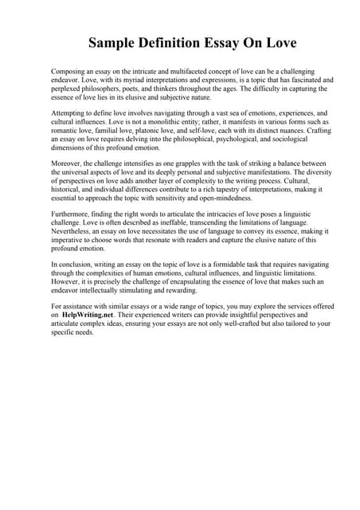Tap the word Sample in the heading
click(x=113, y=41)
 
